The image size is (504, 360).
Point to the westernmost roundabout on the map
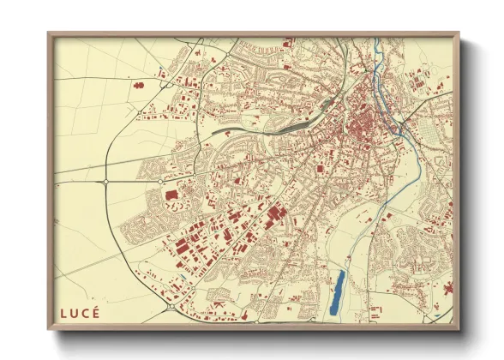point(105,182)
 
